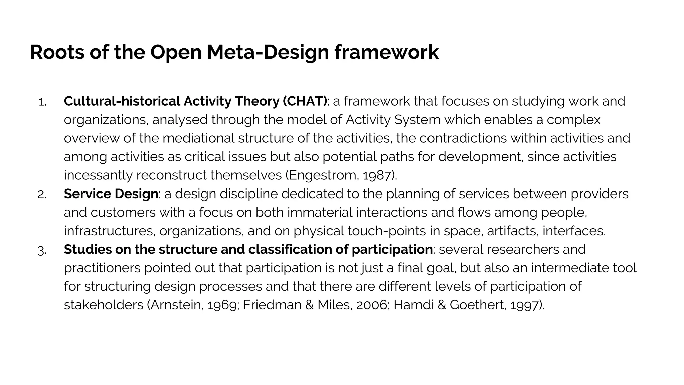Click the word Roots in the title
click(x=57, y=52)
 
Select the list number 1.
click(x=42, y=102)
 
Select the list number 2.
click(x=42, y=195)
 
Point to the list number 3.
click(x=42, y=250)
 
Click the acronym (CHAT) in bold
click(x=305, y=101)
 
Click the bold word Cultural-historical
click(x=122, y=101)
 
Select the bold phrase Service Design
click(x=111, y=194)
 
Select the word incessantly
click(x=98, y=175)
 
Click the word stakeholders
click(x=104, y=305)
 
